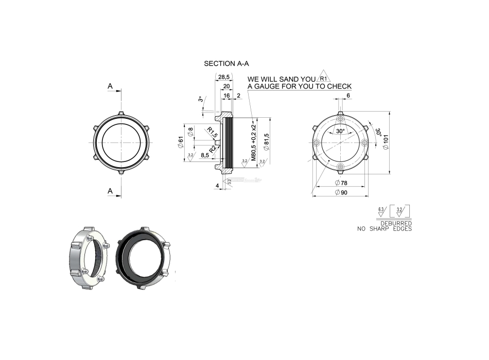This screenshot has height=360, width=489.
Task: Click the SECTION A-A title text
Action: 226,64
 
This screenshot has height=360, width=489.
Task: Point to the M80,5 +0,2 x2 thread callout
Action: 253,141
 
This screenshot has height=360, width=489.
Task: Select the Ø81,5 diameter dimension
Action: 267,141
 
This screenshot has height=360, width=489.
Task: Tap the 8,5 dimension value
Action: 205,154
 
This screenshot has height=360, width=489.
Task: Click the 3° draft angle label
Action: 200,99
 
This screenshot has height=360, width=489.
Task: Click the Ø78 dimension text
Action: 340,183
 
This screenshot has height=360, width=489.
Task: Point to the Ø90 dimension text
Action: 340,192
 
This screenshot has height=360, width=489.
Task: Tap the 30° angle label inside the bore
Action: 340,131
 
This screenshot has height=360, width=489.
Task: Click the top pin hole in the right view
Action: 340,118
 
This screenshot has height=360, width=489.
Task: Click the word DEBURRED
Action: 396,223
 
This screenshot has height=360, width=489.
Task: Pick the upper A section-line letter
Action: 110,86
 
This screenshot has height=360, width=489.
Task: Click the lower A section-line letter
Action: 110,191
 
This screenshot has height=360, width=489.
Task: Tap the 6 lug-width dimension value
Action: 348,96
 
